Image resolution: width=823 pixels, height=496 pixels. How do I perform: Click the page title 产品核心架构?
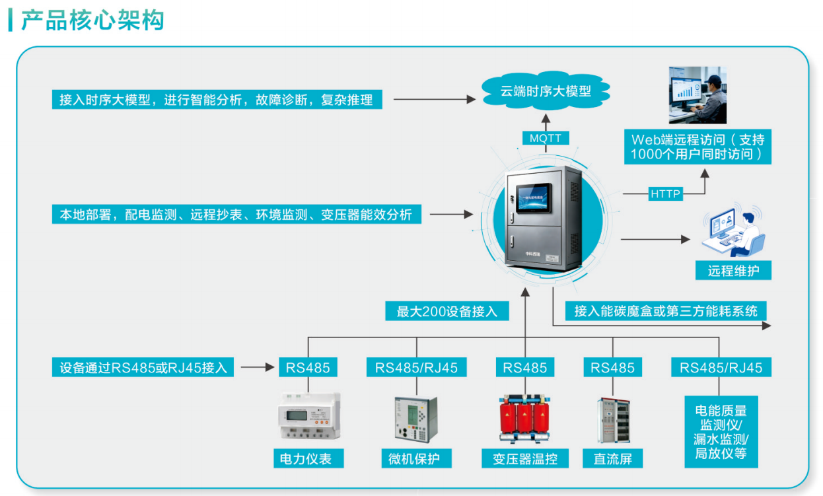[x=92, y=20]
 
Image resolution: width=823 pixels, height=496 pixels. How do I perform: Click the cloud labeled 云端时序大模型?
[x=546, y=90]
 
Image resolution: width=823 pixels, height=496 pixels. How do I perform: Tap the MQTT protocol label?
[x=546, y=138]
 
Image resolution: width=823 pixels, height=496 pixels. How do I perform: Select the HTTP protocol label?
[x=665, y=194]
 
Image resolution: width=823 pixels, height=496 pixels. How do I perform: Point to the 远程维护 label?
[x=733, y=270]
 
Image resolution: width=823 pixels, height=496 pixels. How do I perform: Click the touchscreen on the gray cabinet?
[x=534, y=197]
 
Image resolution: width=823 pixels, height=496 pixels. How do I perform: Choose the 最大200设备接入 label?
[x=447, y=311]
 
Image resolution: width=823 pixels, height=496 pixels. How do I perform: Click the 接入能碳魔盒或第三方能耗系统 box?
[x=666, y=311]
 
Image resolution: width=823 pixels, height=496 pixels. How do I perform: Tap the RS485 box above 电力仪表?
[x=308, y=367]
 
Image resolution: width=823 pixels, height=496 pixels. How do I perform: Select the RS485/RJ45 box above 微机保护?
[x=416, y=367]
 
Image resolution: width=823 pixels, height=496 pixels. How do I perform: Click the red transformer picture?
[x=524, y=419]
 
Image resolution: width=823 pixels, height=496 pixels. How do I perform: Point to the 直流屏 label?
[x=612, y=458]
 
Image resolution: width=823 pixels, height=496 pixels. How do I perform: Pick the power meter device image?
[x=309, y=416]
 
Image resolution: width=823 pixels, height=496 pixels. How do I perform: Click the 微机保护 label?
[x=416, y=458]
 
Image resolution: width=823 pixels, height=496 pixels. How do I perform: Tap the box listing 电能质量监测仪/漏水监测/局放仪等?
[x=721, y=432]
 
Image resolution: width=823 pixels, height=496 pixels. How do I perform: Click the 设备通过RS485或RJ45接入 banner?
[x=143, y=367]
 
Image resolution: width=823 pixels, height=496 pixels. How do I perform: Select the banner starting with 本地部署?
[x=236, y=214]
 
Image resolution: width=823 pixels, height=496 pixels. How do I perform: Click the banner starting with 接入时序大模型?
[x=217, y=99]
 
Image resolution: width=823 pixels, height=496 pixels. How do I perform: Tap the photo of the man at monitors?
[x=698, y=95]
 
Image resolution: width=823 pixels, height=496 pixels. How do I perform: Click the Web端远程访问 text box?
[x=698, y=147]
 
